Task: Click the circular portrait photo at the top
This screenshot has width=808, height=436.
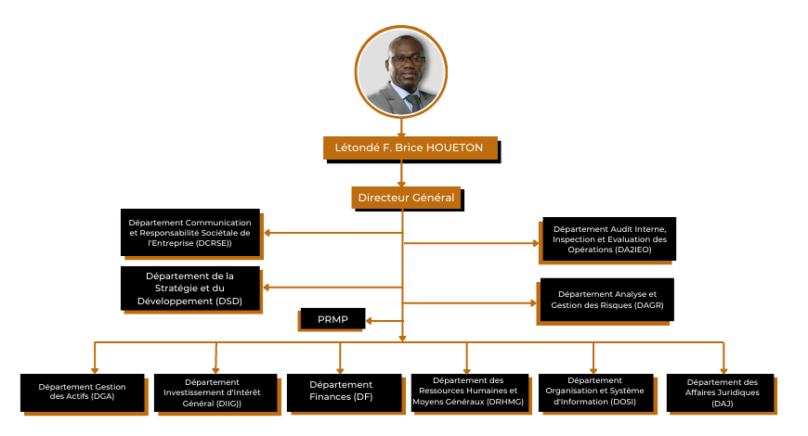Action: click(401, 71)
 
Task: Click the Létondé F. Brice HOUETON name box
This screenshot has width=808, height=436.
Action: click(409, 147)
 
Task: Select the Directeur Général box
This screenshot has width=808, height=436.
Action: click(406, 198)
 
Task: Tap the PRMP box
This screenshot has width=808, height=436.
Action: click(332, 319)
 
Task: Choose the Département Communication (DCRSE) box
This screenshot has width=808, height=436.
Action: click(189, 232)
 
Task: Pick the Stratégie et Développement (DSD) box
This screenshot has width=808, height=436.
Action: click(189, 289)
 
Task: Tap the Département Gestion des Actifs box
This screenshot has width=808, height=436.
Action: click(83, 391)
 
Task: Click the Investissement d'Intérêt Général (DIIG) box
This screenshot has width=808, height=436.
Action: click(214, 391)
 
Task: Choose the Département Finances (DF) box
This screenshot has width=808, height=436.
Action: click(341, 391)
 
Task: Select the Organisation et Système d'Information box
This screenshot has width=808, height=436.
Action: click(593, 391)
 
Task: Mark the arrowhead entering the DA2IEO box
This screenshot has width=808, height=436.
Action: click(535, 243)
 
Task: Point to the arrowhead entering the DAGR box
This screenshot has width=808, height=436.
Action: click(535, 302)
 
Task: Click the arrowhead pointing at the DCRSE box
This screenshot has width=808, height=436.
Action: click(267, 232)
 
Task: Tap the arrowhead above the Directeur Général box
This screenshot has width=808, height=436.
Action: click(401, 183)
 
